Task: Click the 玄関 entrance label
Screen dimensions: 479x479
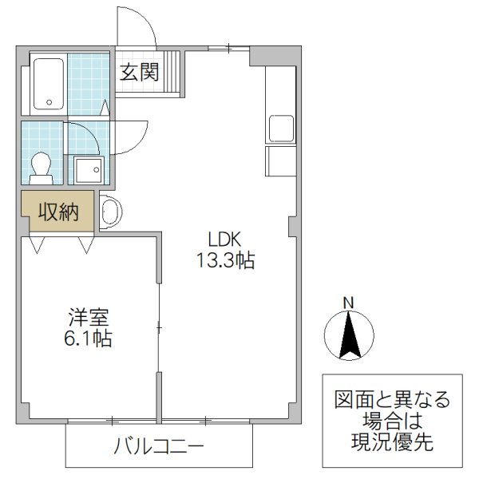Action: click(139, 73)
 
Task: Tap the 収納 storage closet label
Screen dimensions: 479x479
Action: click(58, 212)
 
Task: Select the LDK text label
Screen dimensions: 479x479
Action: click(225, 239)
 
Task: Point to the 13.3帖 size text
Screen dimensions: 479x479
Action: click(225, 260)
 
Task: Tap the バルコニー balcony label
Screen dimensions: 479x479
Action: click(158, 445)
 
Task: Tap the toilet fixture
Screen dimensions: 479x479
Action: click(41, 164)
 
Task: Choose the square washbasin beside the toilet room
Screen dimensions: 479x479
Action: click(87, 168)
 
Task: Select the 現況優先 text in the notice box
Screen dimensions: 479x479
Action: click(392, 443)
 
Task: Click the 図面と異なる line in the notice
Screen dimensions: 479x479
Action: click(392, 398)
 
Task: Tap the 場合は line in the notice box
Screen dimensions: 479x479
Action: click(392, 421)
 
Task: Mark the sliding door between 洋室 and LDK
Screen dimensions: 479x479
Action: click(159, 327)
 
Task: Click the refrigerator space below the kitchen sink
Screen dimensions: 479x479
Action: click(282, 160)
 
